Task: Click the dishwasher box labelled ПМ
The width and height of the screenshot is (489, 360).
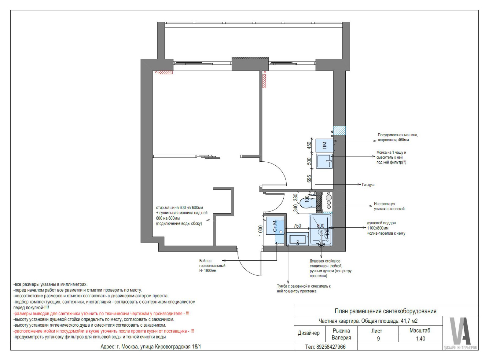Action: point(325,145)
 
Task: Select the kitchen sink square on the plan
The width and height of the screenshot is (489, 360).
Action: point(324,161)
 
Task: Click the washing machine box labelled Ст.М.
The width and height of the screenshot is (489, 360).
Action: point(275,226)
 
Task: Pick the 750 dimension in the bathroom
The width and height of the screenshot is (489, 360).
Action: point(297,226)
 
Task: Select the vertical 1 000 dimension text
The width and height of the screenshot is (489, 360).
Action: point(260,230)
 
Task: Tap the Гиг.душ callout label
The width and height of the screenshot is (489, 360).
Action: point(368,185)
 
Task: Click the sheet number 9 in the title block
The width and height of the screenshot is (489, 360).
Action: point(378,339)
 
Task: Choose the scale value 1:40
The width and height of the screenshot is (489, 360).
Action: point(421,339)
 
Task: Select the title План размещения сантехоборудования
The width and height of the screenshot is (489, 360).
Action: point(385,311)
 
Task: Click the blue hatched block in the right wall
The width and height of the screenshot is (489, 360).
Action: point(340,130)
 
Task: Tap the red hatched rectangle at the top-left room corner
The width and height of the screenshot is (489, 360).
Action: point(165,72)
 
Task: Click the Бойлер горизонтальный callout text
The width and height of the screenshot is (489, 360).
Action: point(212,266)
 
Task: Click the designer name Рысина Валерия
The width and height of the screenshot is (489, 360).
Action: point(341,334)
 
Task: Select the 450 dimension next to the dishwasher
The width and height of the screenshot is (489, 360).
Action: point(309,145)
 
